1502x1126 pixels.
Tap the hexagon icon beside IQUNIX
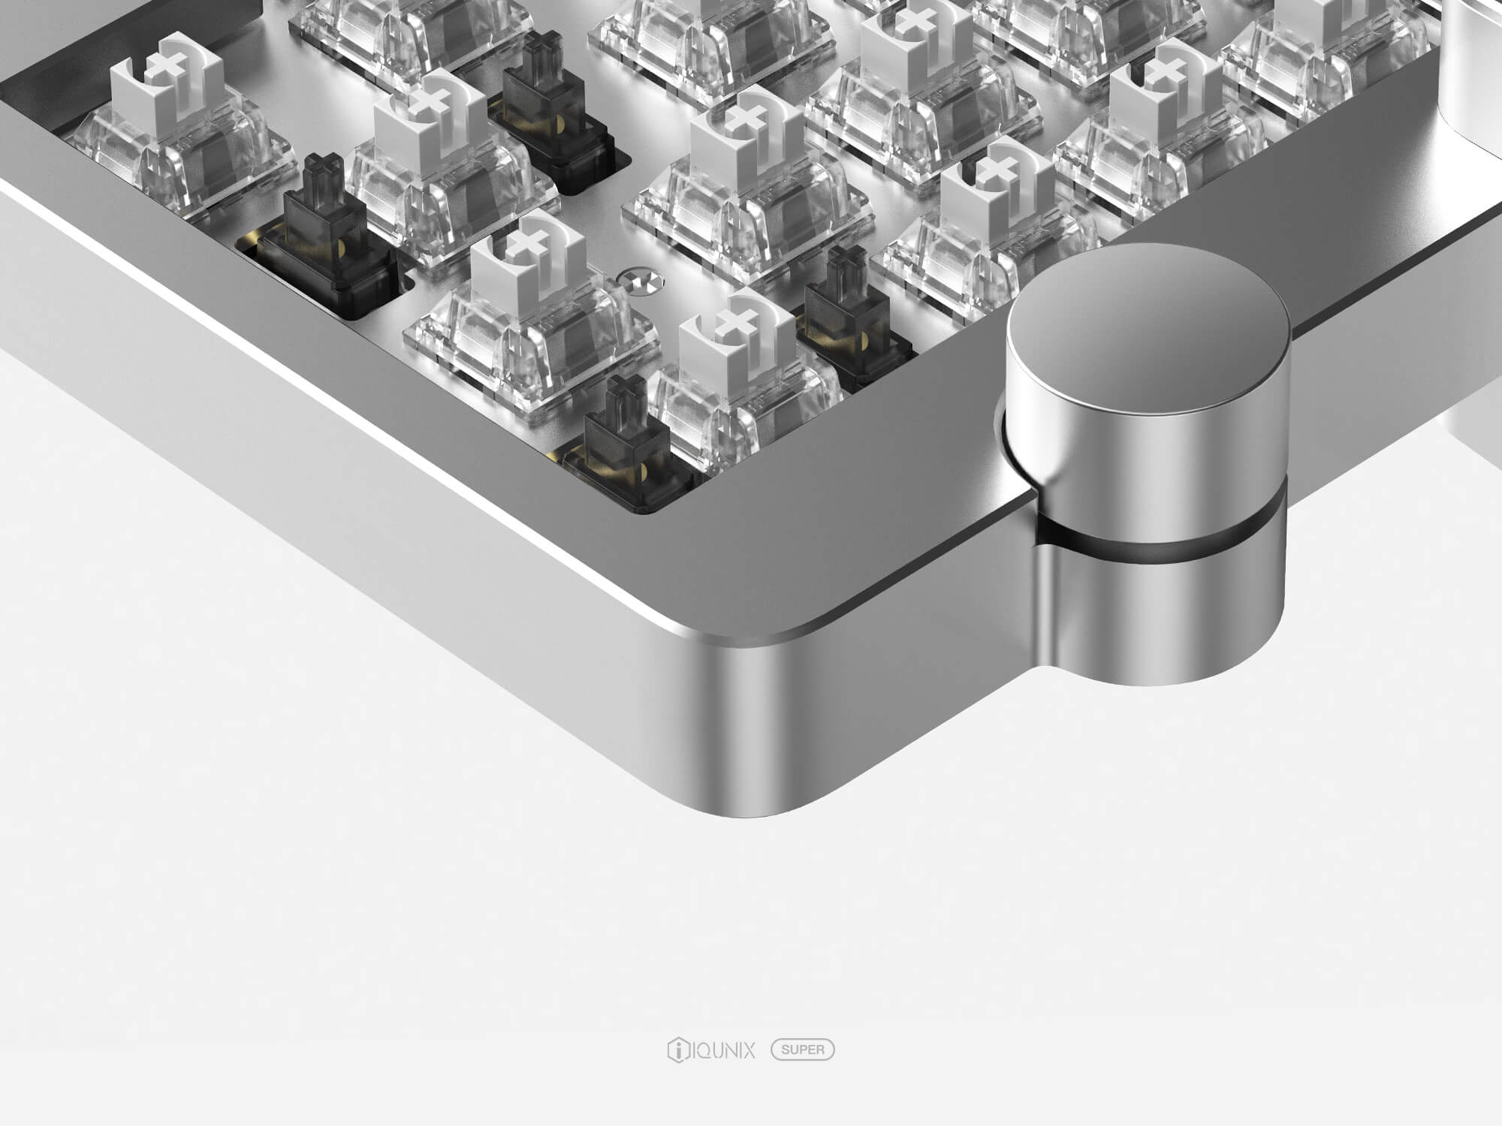[676, 1049]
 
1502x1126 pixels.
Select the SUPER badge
[803, 1049]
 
